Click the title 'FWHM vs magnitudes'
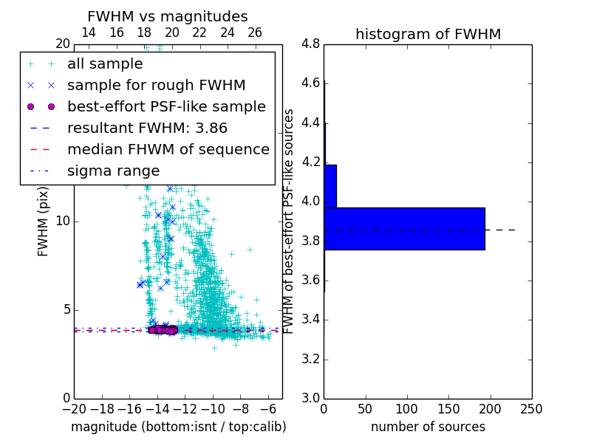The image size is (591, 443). (x=168, y=16)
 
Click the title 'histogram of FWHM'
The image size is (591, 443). (x=428, y=34)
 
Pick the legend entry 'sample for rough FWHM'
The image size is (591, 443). (x=156, y=85)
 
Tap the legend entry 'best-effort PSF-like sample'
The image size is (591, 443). (x=166, y=106)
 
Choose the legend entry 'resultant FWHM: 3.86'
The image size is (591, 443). (x=146, y=128)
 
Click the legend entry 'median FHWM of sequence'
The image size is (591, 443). (x=168, y=149)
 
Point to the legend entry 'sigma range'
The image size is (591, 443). (x=113, y=171)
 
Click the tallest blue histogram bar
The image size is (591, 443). (x=404, y=229)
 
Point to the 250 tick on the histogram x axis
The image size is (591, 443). (x=532, y=409)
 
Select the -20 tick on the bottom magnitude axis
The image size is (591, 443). (x=74, y=409)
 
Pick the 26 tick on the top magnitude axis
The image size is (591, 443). (x=255, y=32)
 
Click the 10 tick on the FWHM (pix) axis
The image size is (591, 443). (x=62, y=221)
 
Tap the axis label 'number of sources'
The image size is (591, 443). (x=428, y=427)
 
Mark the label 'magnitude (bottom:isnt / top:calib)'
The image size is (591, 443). (x=178, y=427)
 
